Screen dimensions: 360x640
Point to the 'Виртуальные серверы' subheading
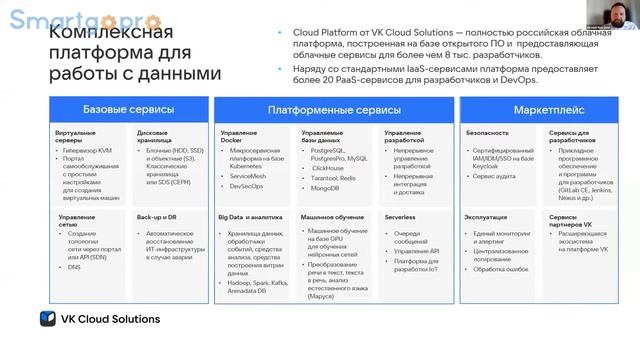[77, 136]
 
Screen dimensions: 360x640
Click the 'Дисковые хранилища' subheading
[159, 136]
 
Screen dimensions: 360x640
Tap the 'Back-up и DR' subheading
[157, 216]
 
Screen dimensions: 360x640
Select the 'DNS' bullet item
[75, 268]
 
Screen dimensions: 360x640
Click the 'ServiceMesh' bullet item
[247, 175]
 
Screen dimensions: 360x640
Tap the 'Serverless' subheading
[400, 216]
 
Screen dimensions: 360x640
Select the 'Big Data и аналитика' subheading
[250, 216]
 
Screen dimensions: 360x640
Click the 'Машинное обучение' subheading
[330, 216]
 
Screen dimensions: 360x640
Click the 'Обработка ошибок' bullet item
[503, 269]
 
